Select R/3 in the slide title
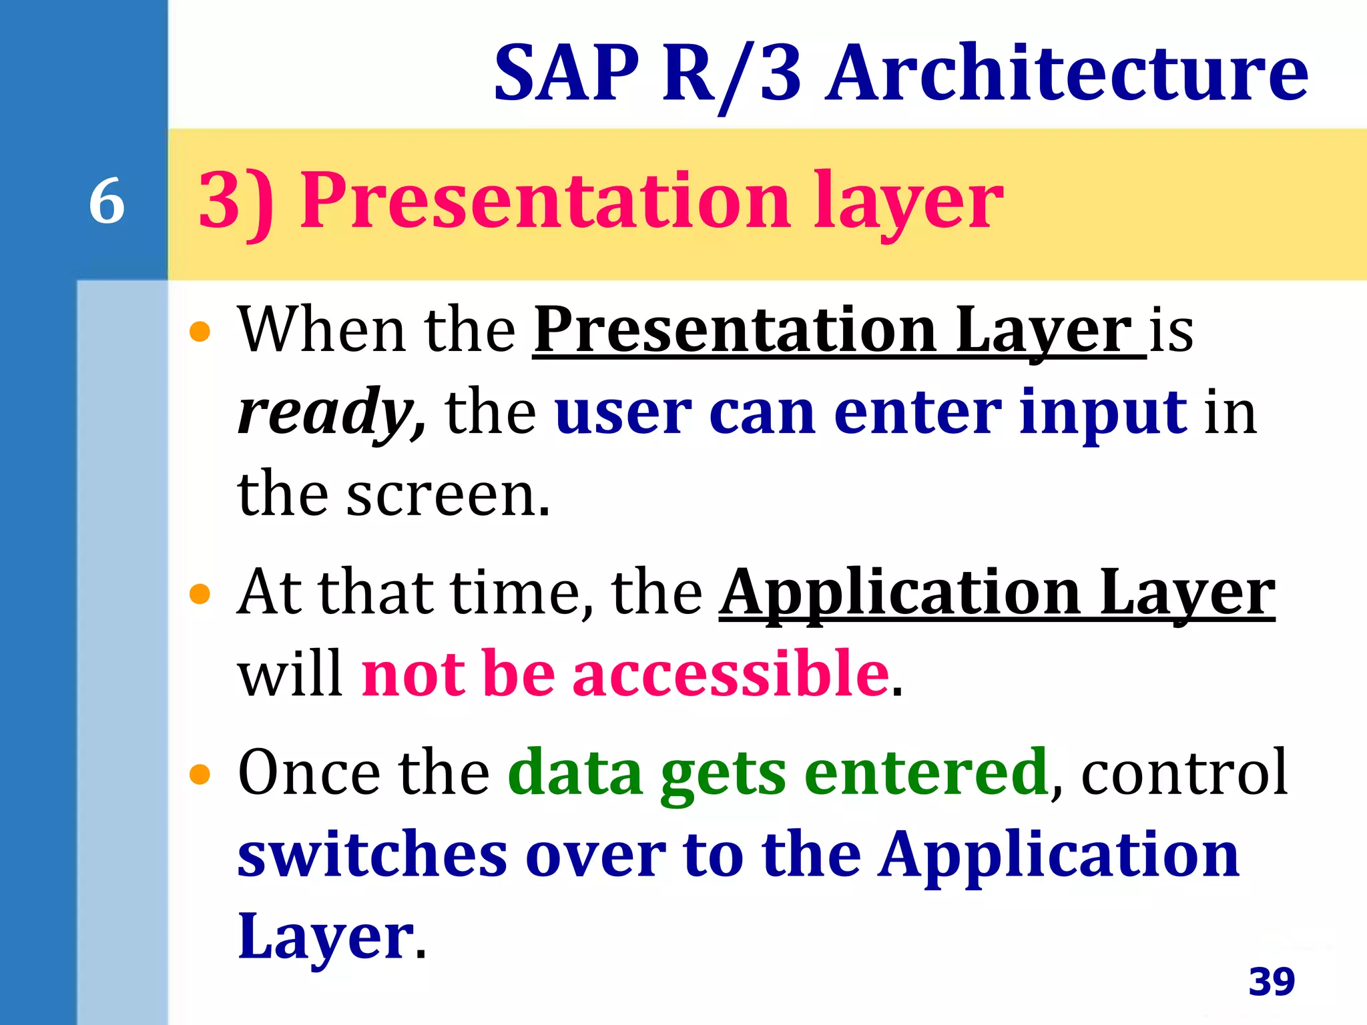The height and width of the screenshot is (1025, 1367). click(x=731, y=73)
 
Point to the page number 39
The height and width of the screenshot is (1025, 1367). click(x=1272, y=982)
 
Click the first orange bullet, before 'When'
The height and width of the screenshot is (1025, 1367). click(x=200, y=332)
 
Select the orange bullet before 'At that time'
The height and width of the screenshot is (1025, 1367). click(x=200, y=593)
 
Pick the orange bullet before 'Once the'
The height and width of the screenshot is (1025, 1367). click(x=200, y=775)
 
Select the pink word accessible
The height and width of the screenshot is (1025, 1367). click(x=731, y=674)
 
